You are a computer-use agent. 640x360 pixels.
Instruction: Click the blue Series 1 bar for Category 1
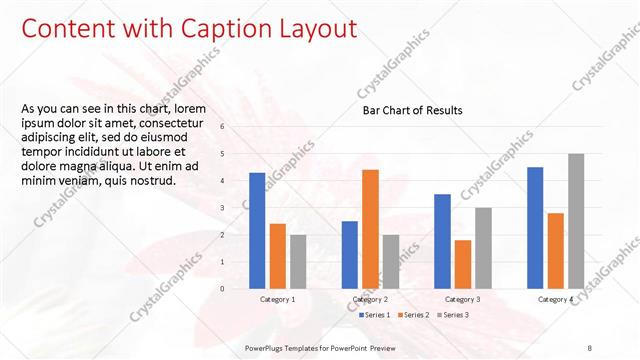click(x=257, y=230)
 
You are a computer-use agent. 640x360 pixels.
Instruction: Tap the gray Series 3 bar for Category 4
click(x=575, y=220)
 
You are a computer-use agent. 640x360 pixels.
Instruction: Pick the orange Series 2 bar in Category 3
click(x=463, y=263)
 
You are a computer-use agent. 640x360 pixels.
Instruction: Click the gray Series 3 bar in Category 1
click(x=298, y=261)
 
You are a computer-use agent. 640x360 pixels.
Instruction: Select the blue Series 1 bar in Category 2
click(x=350, y=254)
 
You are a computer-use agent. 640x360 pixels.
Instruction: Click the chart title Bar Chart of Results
click(x=412, y=110)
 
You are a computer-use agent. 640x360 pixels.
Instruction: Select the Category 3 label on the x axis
click(x=463, y=299)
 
